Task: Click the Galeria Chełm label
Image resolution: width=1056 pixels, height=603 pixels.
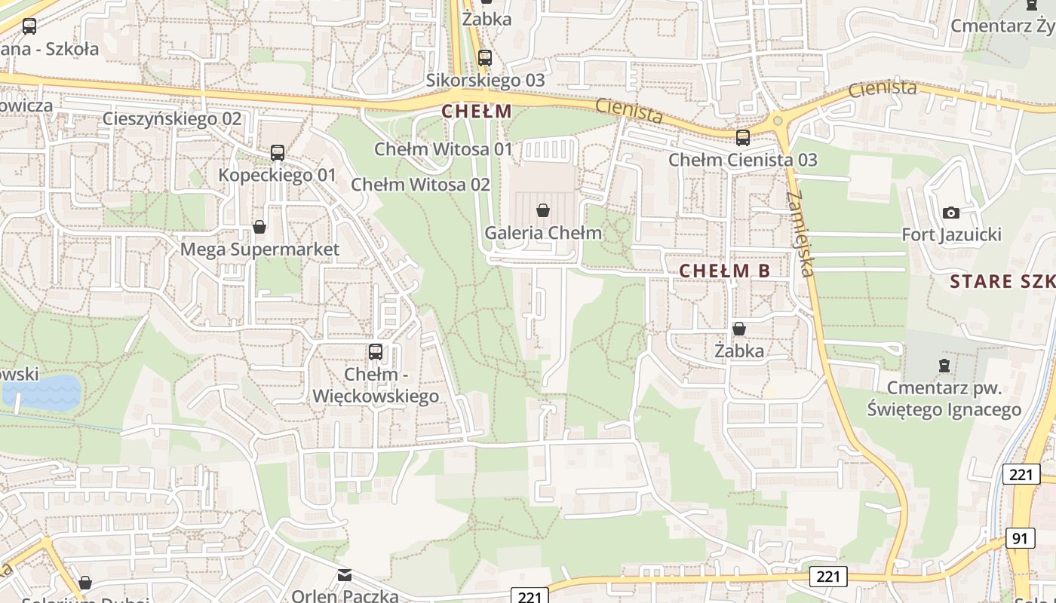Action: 543,233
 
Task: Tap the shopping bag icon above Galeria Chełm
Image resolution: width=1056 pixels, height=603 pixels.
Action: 542,210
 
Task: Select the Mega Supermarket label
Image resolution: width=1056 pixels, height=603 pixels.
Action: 259,249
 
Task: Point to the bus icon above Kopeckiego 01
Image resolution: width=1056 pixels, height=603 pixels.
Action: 278,153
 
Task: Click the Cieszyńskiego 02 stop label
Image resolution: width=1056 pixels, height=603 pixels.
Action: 172,119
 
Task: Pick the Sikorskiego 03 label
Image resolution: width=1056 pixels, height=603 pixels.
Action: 485,80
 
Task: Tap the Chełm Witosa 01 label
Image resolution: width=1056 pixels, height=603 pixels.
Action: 444,149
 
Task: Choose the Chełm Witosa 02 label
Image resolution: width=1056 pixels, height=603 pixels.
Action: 421,185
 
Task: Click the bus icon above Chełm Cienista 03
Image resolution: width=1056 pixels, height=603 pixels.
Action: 743,137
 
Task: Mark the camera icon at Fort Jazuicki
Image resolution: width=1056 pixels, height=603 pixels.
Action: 951,213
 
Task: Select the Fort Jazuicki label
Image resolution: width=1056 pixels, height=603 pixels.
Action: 952,235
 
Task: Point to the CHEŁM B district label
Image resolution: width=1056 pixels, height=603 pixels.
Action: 725,271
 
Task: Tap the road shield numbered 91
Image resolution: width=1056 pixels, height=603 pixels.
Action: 1020,538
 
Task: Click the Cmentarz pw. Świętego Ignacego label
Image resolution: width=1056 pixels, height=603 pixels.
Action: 944,399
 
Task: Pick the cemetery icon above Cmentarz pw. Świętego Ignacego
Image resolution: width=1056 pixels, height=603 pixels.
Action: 944,366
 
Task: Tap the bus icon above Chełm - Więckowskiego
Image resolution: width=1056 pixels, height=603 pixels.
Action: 375,351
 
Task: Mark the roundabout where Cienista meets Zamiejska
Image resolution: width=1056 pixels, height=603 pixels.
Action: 778,121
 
